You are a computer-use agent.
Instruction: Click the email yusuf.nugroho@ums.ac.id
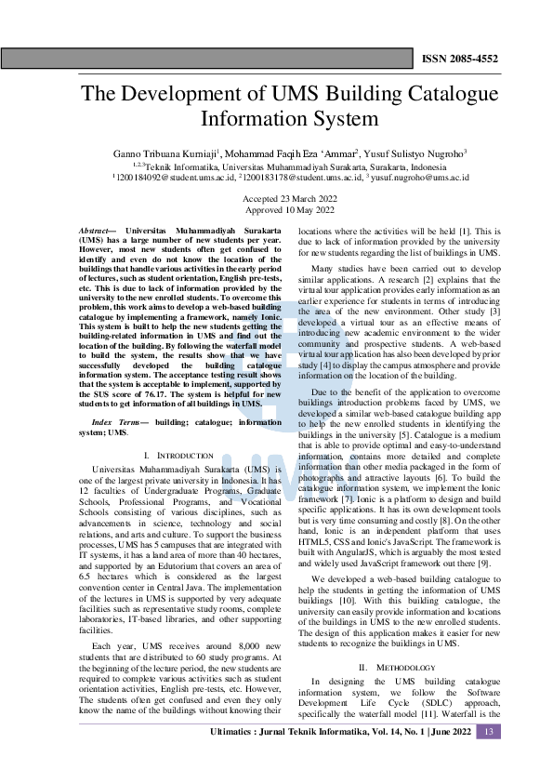click(420, 176)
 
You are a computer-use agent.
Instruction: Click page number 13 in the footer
click(488, 758)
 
